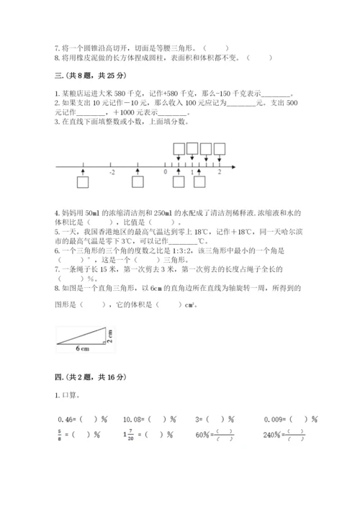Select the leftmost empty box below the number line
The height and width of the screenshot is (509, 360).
pos(84,183)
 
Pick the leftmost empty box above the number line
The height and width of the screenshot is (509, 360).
pos(179,148)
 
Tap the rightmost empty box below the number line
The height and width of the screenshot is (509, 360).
pos(199,183)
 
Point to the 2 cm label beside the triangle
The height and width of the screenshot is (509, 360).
pos(111,336)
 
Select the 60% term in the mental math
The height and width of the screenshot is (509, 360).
pos(214,435)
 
